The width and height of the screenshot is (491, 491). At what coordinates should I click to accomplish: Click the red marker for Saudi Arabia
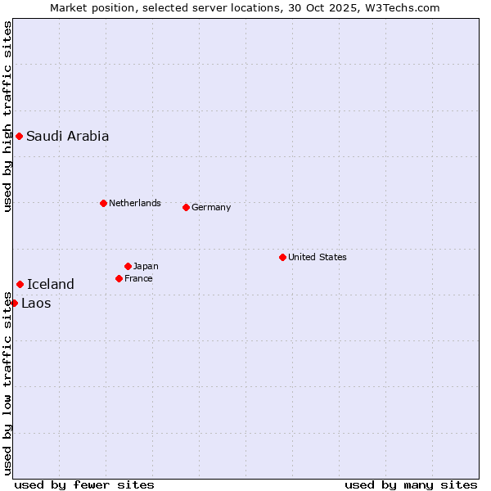(19, 136)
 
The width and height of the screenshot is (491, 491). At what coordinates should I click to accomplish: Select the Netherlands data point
(103, 203)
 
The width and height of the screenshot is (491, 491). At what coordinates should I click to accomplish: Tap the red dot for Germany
(186, 207)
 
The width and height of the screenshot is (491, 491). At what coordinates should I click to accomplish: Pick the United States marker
(282, 257)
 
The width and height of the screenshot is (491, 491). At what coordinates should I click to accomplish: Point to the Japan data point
(128, 266)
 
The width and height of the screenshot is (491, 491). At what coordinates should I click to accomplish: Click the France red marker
(119, 278)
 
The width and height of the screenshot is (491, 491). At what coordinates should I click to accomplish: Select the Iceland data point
(20, 284)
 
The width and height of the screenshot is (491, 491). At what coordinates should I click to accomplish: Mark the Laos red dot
(14, 303)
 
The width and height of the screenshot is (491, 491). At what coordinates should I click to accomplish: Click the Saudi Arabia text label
(67, 136)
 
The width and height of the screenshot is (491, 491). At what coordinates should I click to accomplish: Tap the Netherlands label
(134, 203)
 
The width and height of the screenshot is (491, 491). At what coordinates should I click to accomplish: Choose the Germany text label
(211, 207)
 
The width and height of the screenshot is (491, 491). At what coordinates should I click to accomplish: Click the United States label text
(317, 257)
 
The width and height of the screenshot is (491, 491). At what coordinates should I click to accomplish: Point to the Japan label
(146, 266)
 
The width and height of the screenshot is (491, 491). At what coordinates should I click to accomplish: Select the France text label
(138, 278)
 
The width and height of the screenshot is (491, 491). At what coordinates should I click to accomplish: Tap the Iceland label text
(51, 284)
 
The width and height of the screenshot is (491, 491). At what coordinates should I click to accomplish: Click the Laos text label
(36, 303)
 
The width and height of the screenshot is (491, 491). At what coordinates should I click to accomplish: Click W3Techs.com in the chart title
(403, 7)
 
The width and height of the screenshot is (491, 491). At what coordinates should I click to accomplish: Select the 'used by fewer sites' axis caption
(84, 484)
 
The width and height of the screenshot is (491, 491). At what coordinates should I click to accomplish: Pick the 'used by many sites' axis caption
(411, 484)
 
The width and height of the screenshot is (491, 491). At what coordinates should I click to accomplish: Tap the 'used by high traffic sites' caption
(7, 116)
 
